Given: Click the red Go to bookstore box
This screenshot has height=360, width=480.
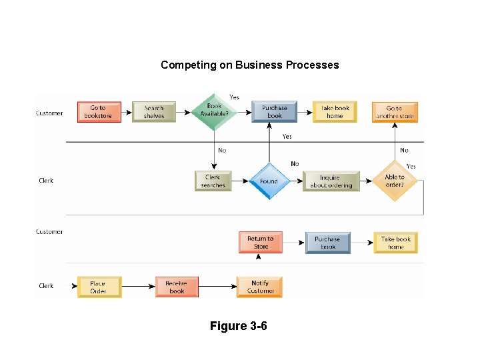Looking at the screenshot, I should click(99, 112).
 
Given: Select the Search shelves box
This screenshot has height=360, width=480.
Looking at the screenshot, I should click(153, 112).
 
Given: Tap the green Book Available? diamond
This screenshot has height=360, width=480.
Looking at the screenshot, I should click(214, 111).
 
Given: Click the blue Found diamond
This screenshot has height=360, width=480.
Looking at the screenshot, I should click(269, 181).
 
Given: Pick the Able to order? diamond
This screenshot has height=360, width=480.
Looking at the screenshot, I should click(395, 181).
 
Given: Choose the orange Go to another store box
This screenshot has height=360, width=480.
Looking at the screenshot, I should click(395, 112).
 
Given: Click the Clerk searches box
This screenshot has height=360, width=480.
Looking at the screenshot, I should click(213, 181).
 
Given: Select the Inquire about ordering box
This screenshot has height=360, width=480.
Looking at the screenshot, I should click(331, 181).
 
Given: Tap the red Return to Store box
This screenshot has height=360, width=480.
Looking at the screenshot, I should click(261, 242).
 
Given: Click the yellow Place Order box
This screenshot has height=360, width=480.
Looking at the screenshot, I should click(99, 287).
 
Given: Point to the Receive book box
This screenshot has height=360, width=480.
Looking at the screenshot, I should click(177, 287).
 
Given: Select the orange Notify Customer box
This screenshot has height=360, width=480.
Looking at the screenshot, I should click(260, 287).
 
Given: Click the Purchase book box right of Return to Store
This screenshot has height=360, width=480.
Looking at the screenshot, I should click(327, 242).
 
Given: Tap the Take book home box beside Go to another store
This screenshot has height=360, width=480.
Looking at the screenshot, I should click(335, 112).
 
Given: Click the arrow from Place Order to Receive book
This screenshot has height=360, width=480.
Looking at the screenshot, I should click(138, 287).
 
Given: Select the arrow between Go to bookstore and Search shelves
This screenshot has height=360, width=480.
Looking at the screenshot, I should click(127, 112).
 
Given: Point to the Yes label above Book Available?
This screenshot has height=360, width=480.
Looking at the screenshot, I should click(234, 97).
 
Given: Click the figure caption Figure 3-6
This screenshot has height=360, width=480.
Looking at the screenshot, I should click(238, 326).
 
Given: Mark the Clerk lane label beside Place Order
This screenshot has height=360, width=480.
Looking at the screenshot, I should click(46, 286).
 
